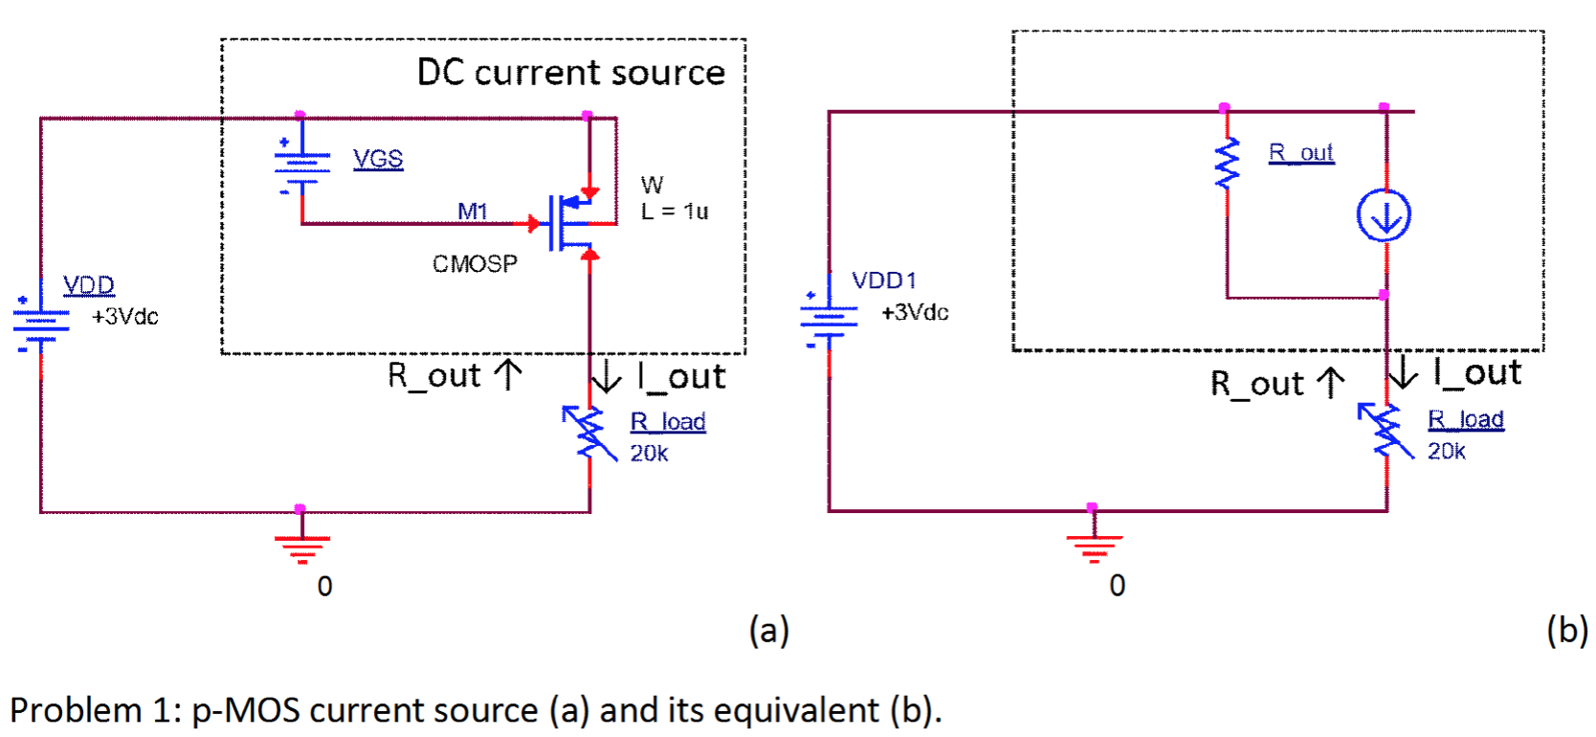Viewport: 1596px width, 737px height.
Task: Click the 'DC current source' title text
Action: tap(570, 73)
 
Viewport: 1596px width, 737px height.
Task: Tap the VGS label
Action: tap(378, 159)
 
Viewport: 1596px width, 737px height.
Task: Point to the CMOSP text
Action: tap(475, 264)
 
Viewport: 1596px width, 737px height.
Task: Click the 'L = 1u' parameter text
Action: tap(675, 212)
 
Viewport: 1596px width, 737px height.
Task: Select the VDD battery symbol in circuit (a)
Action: tap(40, 322)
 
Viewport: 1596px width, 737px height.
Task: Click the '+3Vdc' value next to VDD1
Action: tap(915, 312)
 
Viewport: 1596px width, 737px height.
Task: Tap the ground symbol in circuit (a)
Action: tap(301, 547)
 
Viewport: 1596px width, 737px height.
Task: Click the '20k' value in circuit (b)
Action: tap(1446, 451)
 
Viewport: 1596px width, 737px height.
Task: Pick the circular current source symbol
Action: tap(1384, 215)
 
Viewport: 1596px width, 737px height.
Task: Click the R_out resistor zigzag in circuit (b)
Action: tap(1227, 163)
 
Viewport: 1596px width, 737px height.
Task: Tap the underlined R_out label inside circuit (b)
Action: tap(1300, 152)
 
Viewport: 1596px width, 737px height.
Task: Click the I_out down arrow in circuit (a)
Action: tap(607, 375)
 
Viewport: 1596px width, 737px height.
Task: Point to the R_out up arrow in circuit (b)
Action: tap(1330, 382)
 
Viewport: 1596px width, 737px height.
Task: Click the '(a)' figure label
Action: tap(768, 631)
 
